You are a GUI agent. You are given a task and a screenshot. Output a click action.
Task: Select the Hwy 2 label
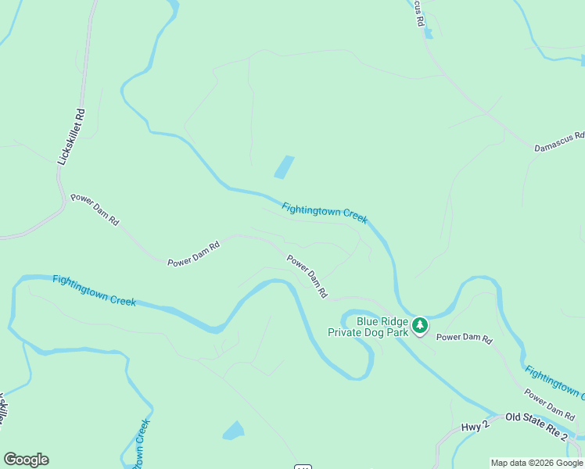click(474, 425)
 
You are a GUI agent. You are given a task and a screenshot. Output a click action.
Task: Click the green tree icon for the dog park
click(421, 325)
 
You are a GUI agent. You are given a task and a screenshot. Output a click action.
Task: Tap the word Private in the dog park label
click(347, 332)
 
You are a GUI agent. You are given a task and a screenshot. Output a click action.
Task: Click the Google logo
click(26, 460)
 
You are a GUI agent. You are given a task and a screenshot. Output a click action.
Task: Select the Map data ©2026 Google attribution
click(537, 463)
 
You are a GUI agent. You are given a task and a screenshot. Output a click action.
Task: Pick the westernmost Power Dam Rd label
click(95, 209)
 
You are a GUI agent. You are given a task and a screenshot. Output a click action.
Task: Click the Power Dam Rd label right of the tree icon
click(465, 338)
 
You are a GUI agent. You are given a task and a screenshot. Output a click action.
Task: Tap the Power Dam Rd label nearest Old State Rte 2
click(549, 403)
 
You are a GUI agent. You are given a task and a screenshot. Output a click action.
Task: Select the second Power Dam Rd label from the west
click(193, 255)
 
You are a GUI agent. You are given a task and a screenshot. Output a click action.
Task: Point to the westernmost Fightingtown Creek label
click(94, 290)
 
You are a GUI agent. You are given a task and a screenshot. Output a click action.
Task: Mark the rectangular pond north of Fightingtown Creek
click(284, 166)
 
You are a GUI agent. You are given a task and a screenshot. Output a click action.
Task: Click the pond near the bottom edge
click(233, 430)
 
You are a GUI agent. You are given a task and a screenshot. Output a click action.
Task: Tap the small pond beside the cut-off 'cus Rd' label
click(427, 33)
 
